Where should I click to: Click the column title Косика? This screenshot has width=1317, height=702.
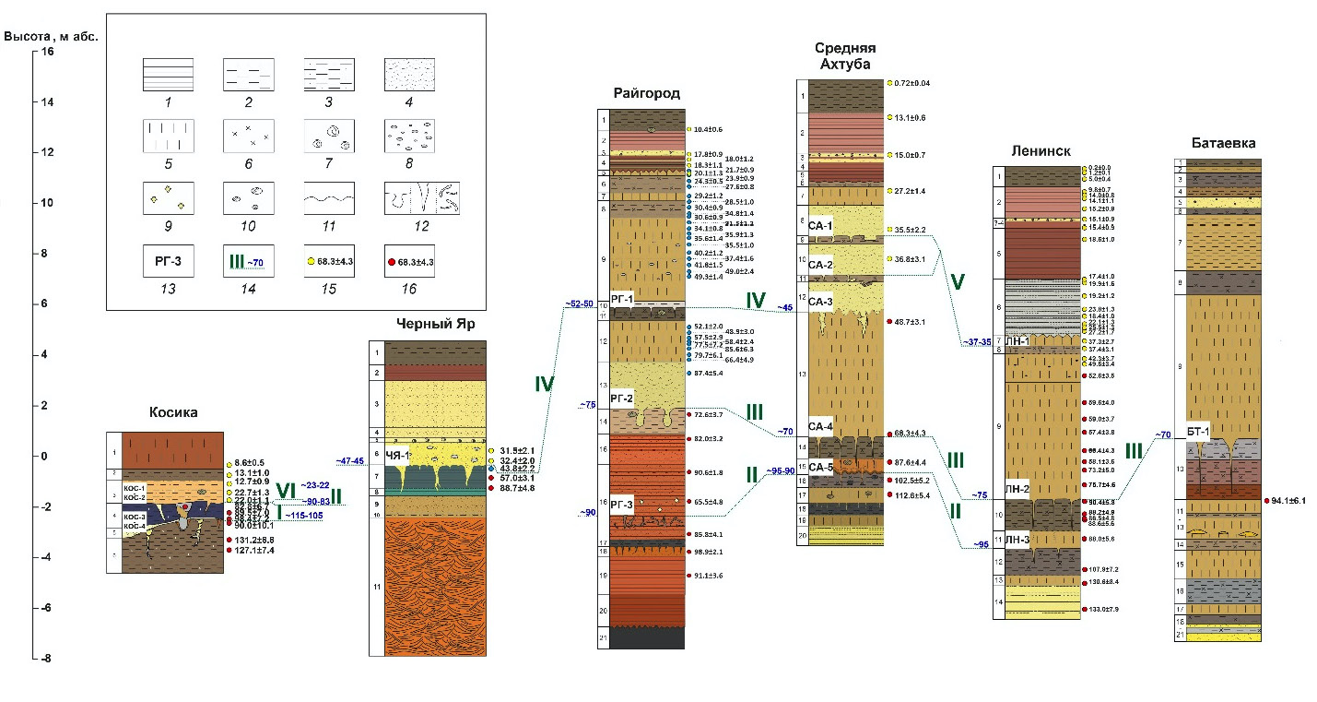[173, 412]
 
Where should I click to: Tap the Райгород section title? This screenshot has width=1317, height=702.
[646, 93]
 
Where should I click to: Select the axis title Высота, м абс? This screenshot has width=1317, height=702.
[52, 36]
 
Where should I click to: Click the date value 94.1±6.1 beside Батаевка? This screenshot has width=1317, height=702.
[1287, 501]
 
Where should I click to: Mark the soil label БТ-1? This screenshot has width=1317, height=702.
[1199, 433]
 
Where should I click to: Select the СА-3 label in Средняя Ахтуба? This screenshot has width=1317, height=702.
[820, 302]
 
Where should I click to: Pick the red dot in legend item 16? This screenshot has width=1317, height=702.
[391, 262]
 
